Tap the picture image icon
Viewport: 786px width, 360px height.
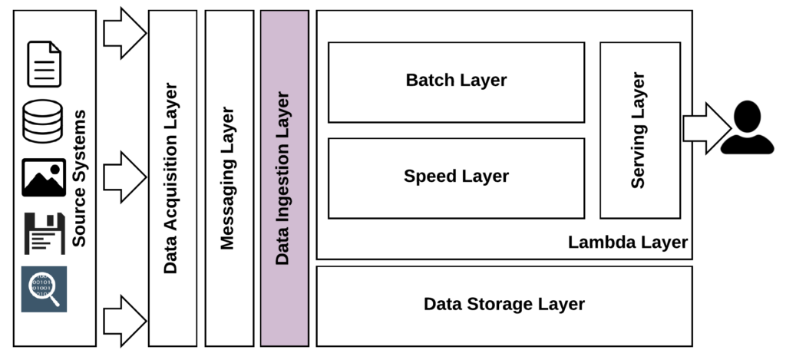click(x=44, y=177)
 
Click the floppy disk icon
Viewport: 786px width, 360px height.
click(x=44, y=233)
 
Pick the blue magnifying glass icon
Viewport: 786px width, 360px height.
click(x=44, y=289)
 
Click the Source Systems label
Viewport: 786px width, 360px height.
click(x=79, y=178)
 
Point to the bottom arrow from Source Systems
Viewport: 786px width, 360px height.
click(x=124, y=319)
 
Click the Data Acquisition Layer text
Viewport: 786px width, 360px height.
click(x=171, y=178)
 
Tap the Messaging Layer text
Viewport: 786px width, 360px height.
click(x=228, y=178)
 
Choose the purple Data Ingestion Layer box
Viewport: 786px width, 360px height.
click(x=284, y=178)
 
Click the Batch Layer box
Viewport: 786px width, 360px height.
click(x=456, y=81)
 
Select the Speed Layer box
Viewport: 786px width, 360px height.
click(x=456, y=177)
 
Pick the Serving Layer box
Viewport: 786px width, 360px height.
click(x=639, y=130)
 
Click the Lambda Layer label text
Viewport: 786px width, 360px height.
click(x=627, y=243)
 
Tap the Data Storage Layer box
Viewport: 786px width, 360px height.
click(x=504, y=305)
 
